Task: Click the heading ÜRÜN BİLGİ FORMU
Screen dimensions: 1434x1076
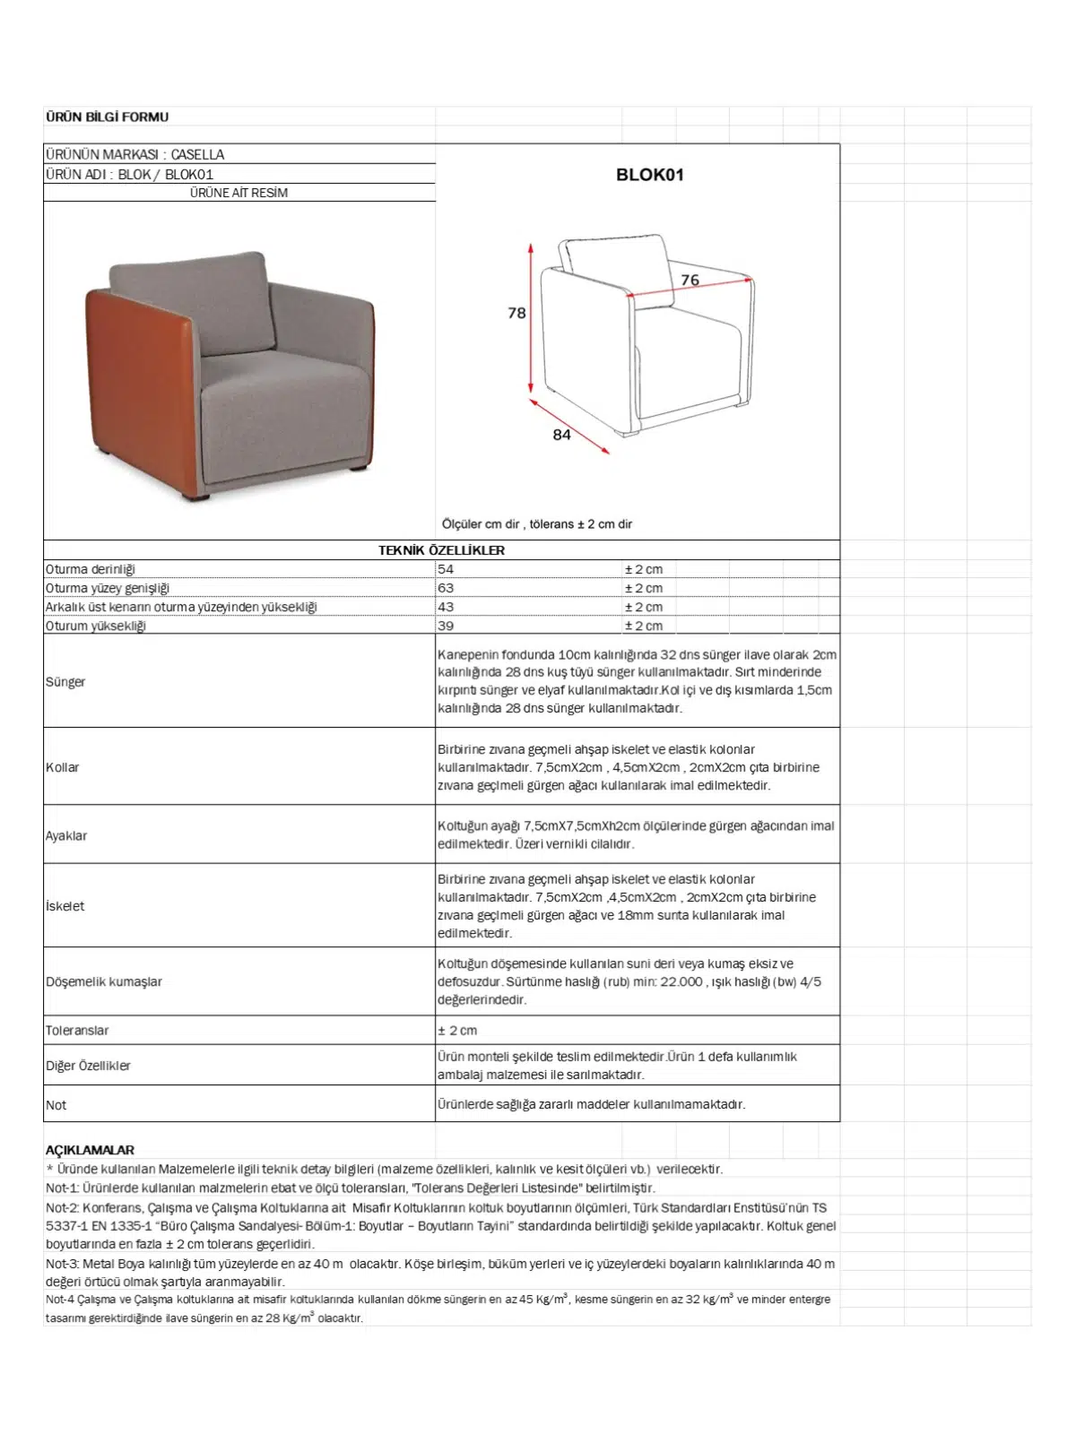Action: click(x=107, y=117)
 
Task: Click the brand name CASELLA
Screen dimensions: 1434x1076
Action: click(x=197, y=154)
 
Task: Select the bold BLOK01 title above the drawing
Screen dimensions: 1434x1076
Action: click(x=649, y=175)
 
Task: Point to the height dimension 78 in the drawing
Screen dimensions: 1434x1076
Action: click(x=516, y=313)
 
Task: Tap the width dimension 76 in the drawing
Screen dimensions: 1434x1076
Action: click(x=690, y=280)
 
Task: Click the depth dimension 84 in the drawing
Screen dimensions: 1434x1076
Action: click(x=561, y=435)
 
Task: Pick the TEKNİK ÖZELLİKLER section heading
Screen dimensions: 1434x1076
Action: click(x=441, y=550)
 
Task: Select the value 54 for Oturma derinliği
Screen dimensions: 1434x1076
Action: click(x=446, y=569)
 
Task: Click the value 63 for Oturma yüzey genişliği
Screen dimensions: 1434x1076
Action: click(x=446, y=588)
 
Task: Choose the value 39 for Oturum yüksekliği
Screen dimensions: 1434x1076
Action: click(x=446, y=626)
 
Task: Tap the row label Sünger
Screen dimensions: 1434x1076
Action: click(x=65, y=681)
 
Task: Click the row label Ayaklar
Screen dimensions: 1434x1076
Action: click(x=66, y=835)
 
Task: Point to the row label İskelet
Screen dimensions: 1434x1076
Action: click(x=65, y=906)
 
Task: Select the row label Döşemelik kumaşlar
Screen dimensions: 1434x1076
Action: click(x=104, y=981)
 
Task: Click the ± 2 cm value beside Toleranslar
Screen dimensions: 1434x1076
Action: click(x=457, y=1031)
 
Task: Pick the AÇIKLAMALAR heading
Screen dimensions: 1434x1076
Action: click(x=90, y=1150)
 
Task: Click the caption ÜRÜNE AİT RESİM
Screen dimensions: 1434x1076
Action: click(x=239, y=193)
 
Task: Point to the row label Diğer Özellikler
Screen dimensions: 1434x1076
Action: click(x=88, y=1066)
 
